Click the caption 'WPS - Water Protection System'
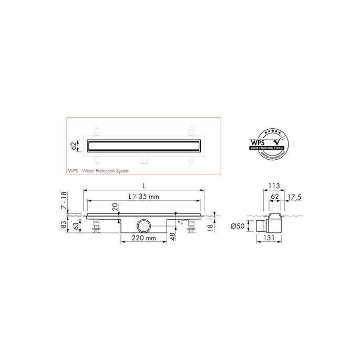point(98,171)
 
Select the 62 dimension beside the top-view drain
point(74,145)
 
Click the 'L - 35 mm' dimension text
point(144,197)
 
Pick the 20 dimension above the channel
point(115,207)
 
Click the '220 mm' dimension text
point(143,238)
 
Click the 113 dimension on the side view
point(273,186)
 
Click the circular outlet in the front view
point(143,226)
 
